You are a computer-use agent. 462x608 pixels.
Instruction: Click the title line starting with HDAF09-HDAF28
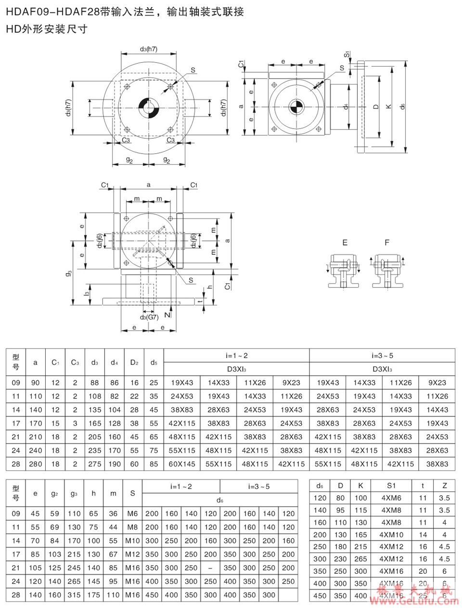pos(125,12)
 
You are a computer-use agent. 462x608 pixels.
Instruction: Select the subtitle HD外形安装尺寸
pos(47,29)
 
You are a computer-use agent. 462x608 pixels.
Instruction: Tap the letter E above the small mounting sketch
pos(345,243)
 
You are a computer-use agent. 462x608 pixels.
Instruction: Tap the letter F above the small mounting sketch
pos(387,243)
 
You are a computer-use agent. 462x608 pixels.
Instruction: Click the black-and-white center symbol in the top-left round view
pos(149,107)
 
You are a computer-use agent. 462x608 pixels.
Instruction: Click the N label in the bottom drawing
pos(167,315)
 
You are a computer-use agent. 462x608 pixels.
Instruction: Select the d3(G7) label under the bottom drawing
pos(149,317)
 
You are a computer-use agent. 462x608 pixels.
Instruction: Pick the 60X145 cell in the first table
pos(182,464)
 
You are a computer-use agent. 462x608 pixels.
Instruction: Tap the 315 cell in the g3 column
pos(74,595)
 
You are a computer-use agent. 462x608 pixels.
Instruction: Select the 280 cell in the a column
pos(35,464)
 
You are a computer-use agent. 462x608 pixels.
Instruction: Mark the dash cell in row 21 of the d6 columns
pos(210,568)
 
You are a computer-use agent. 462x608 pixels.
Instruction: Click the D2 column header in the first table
pos(134,362)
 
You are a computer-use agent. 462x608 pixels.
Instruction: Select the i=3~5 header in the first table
pos(382,356)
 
